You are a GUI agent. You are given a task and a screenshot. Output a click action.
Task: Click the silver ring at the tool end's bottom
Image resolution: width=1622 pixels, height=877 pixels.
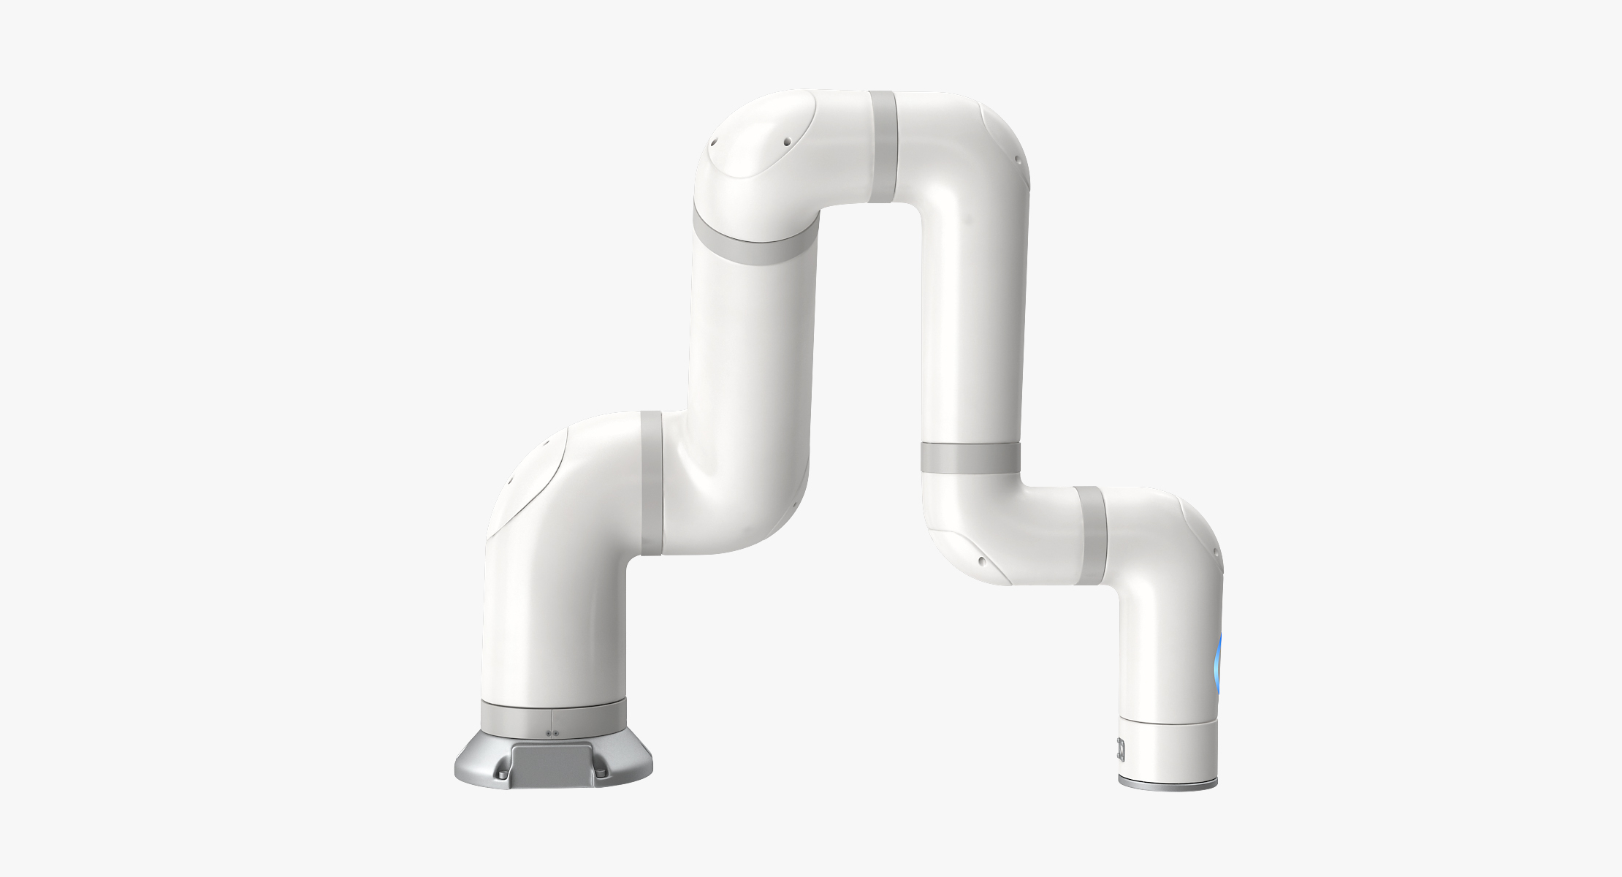pyautogui.click(x=1167, y=802)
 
